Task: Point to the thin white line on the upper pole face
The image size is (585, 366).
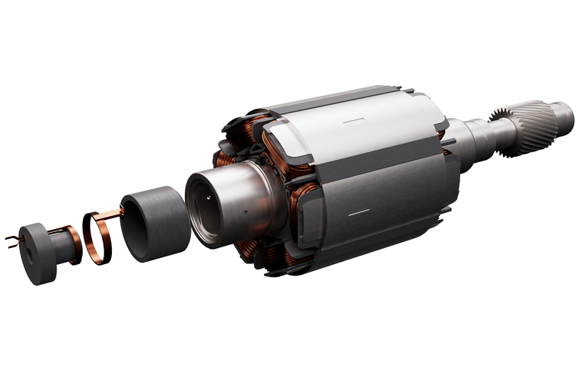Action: coord(354,120)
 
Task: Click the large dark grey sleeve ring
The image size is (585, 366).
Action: coord(156,226)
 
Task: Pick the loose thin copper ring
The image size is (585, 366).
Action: coord(97,238)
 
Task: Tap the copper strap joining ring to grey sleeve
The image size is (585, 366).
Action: coord(114,212)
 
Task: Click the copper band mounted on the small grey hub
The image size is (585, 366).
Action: coord(74,245)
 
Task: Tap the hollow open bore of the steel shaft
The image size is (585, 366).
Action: coord(208,206)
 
